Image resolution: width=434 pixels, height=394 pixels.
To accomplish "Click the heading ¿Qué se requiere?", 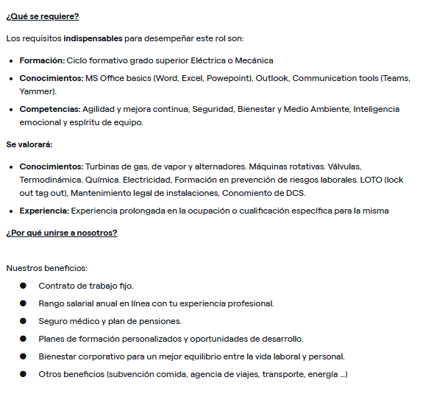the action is point(42,16).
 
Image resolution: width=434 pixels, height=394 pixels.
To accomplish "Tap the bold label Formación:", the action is point(42,60).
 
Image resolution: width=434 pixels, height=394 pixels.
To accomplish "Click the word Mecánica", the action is point(254,60).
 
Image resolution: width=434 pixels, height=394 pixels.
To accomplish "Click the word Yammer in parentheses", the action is point(37,91).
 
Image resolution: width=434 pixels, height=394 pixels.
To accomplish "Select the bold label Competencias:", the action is point(50,109).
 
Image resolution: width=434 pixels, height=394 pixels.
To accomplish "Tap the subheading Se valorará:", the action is point(29,144).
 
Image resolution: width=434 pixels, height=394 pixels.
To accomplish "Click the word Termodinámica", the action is point(52,180).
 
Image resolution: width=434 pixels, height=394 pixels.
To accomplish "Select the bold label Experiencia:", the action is point(44,211).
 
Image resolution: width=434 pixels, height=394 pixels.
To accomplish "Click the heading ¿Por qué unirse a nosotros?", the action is point(62,233).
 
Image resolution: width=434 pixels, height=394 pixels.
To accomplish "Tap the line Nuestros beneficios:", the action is point(46,268).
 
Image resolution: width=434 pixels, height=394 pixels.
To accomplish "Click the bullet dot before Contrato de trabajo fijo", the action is point(23,286).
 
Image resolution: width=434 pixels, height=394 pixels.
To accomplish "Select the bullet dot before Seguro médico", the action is point(23,321).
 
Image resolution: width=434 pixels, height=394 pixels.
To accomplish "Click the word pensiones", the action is point(161,321).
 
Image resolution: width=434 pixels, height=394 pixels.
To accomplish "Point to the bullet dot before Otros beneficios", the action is point(23,374).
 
